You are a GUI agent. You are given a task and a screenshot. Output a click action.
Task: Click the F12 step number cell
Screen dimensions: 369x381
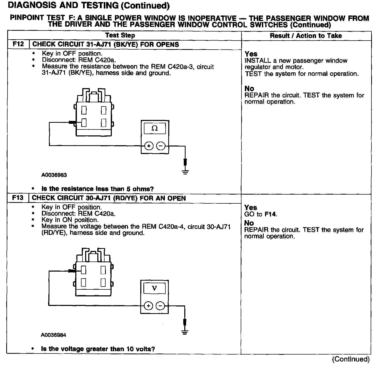[x=18, y=44]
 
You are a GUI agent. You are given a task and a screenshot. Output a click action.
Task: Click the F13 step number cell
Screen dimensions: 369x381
[x=18, y=198]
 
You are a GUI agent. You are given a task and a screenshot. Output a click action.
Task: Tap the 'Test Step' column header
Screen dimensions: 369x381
[x=120, y=35]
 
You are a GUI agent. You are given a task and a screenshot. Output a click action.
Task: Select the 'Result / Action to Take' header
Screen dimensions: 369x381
[x=306, y=36]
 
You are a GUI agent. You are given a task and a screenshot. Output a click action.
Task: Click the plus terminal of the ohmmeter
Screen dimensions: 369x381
[x=149, y=146]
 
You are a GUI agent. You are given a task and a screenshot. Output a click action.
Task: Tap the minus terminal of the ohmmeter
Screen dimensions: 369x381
[x=161, y=146]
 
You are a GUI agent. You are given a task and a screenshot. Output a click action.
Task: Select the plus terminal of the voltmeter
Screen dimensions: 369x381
[x=148, y=306]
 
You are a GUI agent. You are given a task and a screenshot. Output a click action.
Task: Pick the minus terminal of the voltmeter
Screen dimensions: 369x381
[x=160, y=306]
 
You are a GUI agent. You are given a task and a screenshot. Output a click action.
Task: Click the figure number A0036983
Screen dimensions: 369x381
[x=54, y=175]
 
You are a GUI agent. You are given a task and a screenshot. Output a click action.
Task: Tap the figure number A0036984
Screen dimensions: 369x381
[x=53, y=335]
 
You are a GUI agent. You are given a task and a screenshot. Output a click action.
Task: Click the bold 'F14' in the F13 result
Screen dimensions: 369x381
[x=270, y=214]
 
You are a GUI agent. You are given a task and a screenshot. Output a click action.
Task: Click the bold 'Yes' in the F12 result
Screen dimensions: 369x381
[x=251, y=54]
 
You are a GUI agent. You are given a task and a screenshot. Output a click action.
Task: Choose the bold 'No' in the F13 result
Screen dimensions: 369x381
[x=249, y=223]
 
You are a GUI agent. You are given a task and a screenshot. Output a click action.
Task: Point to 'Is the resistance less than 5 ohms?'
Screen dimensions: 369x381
[x=98, y=189]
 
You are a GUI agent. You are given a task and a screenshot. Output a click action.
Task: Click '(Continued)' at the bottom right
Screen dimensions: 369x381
[x=351, y=359]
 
